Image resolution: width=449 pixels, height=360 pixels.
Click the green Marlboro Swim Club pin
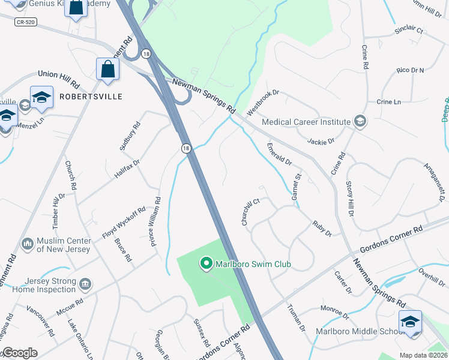pyautogui.click(x=206, y=263)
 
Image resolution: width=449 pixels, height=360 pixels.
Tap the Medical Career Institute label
pyautogui.click(x=306, y=122)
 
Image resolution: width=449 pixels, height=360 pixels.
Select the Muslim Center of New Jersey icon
pyautogui.click(x=27, y=244)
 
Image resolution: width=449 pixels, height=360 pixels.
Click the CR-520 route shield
pyautogui.click(x=25, y=20)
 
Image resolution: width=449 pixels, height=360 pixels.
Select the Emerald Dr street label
pyautogui.click(x=279, y=154)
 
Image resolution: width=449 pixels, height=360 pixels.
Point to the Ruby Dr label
pyautogui.click(x=322, y=229)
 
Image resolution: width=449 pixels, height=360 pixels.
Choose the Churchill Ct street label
pyautogui.click(x=250, y=212)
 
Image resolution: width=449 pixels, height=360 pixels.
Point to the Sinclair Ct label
pyautogui.click(x=409, y=30)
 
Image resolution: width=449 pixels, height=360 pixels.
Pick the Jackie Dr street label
pyautogui.click(x=320, y=142)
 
